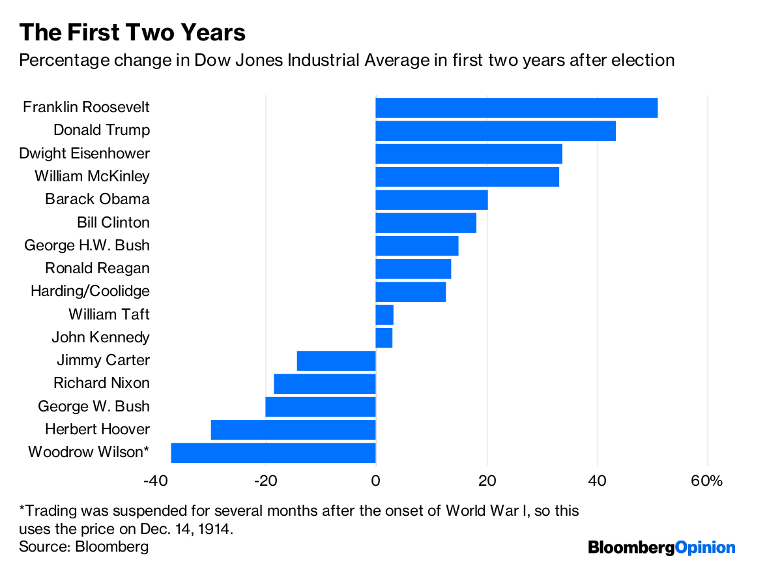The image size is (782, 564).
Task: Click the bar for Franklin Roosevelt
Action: click(x=516, y=108)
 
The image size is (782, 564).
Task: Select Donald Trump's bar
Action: click(x=495, y=130)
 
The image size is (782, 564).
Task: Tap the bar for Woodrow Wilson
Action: click(x=273, y=453)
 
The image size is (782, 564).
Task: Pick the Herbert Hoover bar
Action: click(x=293, y=430)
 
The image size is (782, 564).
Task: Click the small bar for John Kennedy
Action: click(x=384, y=338)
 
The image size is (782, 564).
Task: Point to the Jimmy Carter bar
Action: click(x=336, y=361)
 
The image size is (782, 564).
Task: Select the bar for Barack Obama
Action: click(x=431, y=200)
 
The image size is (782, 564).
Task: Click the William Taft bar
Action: click(x=384, y=315)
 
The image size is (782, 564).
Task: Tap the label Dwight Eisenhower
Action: click(x=85, y=154)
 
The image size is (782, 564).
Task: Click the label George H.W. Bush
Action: click(x=87, y=246)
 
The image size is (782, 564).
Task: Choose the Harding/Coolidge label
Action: click(x=90, y=291)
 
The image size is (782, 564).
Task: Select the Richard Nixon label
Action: click(x=102, y=383)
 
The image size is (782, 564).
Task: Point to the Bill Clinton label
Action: click(x=113, y=223)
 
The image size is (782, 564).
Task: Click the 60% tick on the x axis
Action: click(x=707, y=481)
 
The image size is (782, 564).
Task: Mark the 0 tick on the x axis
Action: click(x=376, y=481)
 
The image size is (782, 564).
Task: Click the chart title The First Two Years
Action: click(x=132, y=33)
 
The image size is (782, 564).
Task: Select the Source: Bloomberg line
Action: click(x=83, y=546)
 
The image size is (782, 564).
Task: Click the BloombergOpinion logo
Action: click(x=661, y=547)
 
